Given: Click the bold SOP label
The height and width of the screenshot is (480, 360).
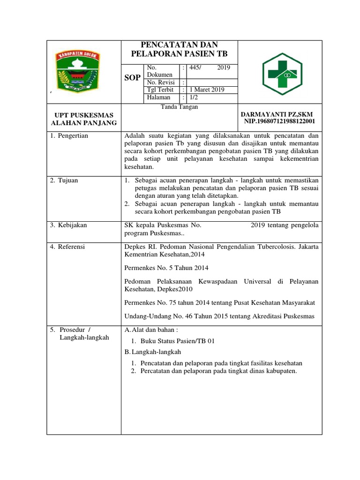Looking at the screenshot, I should coord(132,78).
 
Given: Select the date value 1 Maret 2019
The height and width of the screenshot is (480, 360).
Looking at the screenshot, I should coord(207,90).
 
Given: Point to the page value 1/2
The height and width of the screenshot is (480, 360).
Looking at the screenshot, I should coord(193,97).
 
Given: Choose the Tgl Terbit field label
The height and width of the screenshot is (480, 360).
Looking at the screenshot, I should coord(160,90).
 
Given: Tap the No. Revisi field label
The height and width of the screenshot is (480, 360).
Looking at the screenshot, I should coord(161,82).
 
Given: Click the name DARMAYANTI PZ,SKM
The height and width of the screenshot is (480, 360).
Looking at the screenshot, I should coord(276,114).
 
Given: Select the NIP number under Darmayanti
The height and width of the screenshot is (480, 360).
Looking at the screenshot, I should coord(279,121).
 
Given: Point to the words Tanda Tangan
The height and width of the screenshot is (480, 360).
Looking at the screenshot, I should coord(180,107).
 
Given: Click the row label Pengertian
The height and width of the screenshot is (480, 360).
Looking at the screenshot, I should coord(73,136).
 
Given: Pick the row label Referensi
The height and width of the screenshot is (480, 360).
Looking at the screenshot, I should coord(72,247).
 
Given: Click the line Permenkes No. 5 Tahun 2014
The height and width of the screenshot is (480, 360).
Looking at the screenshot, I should coord(166,268).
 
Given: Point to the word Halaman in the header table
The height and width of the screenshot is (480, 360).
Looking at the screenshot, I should coord(158,97).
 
